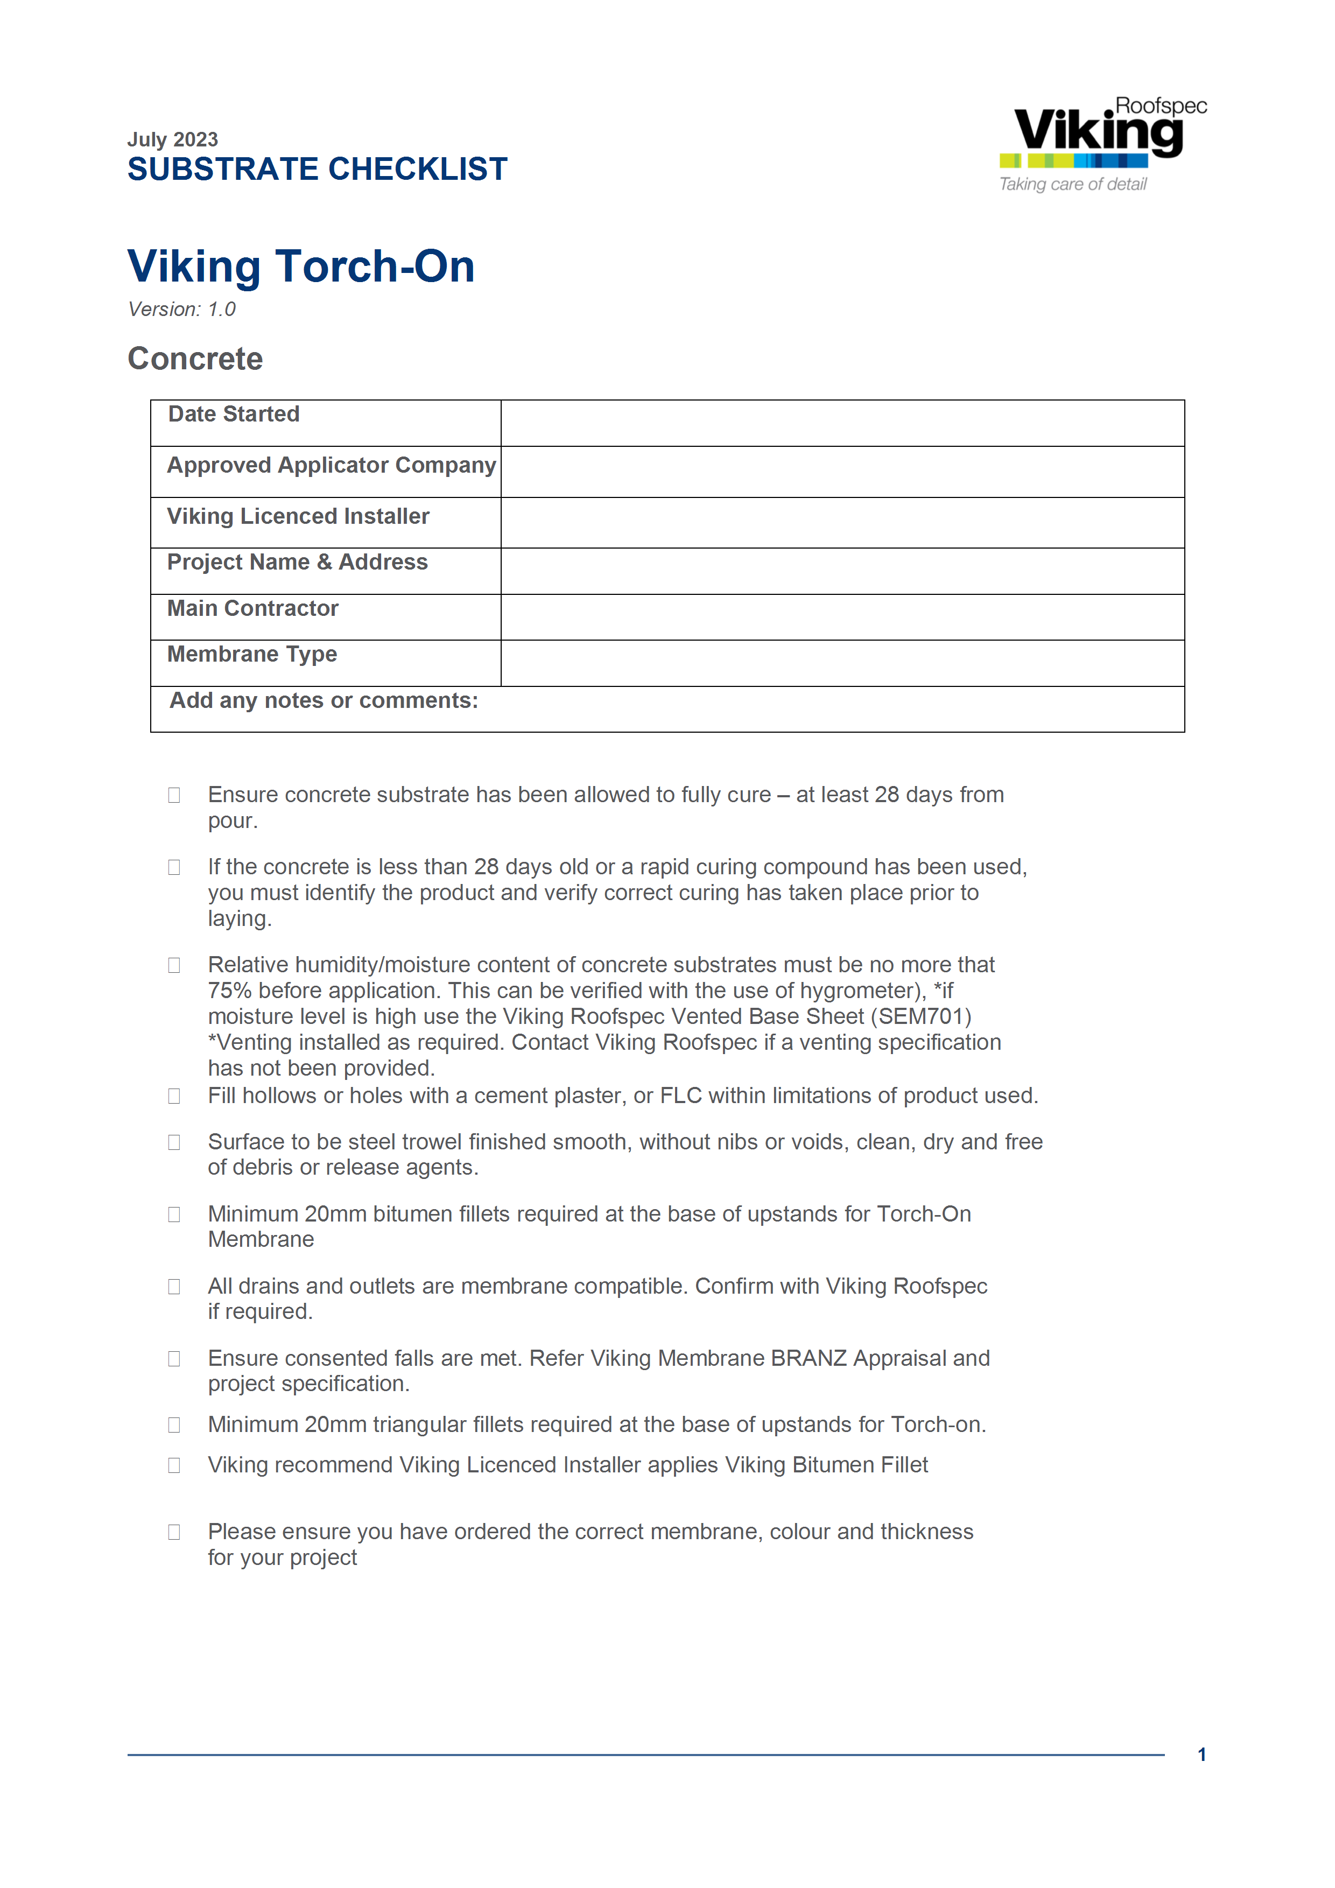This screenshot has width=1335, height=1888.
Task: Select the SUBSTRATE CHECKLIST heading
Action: click(317, 170)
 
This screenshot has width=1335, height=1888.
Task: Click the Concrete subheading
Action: click(195, 359)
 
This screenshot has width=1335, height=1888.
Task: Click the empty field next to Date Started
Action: click(842, 424)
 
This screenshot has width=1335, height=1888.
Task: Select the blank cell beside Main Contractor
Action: click(842, 617)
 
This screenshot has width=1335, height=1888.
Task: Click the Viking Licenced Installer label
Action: click(298, 516)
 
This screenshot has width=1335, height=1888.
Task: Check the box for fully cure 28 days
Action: click(174, 795)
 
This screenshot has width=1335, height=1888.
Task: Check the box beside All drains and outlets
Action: click(174, 1286)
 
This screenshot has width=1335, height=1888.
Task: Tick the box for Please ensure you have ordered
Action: click(174, 1532)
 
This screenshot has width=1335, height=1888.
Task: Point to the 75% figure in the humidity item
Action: click(229, 991)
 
